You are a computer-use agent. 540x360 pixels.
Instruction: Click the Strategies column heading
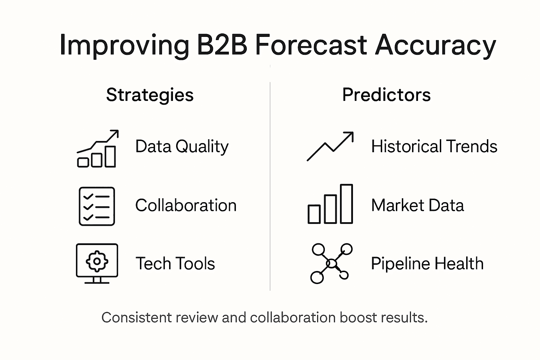click(x=150, y=95)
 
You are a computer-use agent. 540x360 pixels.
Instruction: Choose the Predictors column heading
click(x=386, y=95)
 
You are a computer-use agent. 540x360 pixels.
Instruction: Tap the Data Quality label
click(x=182, y=147)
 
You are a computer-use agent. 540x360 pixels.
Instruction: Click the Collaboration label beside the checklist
click(x=186, y=205)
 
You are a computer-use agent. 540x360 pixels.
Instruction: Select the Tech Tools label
click(x=175, y=263)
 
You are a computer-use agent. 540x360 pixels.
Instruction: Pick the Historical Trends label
click(x=434, y=147)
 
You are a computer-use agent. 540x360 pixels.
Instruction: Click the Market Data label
click(x=417, y=205)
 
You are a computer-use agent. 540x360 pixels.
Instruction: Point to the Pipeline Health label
click(x=427, y=263)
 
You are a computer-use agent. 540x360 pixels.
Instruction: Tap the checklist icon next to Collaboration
click(x=97, y=206)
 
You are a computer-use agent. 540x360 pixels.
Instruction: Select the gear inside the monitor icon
click(x=97, y=261)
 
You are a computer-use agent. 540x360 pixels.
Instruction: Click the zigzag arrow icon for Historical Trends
click(x=330, y=146)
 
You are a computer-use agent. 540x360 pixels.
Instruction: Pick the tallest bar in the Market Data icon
click(x=346, y=204)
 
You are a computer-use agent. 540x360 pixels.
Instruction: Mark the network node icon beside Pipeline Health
click(x=332, y=263)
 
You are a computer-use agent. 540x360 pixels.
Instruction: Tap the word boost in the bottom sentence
click(x=358, y=317)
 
